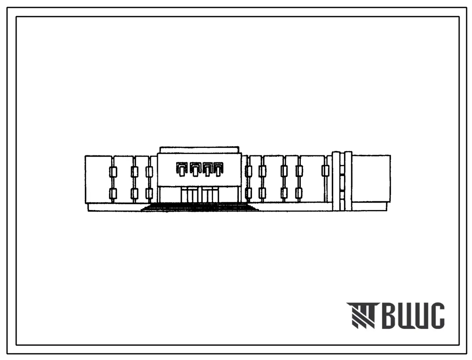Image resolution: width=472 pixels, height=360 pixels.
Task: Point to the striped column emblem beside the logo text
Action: pos(361,315)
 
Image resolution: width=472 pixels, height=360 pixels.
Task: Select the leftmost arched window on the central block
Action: pos(181,169)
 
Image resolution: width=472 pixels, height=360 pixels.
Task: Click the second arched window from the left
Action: pos(195,169)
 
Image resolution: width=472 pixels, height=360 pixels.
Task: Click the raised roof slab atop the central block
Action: pos(199,150)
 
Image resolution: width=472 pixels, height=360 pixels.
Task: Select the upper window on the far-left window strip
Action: pos(113,172)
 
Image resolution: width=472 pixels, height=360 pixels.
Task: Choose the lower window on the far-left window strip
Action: pos(113,193)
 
